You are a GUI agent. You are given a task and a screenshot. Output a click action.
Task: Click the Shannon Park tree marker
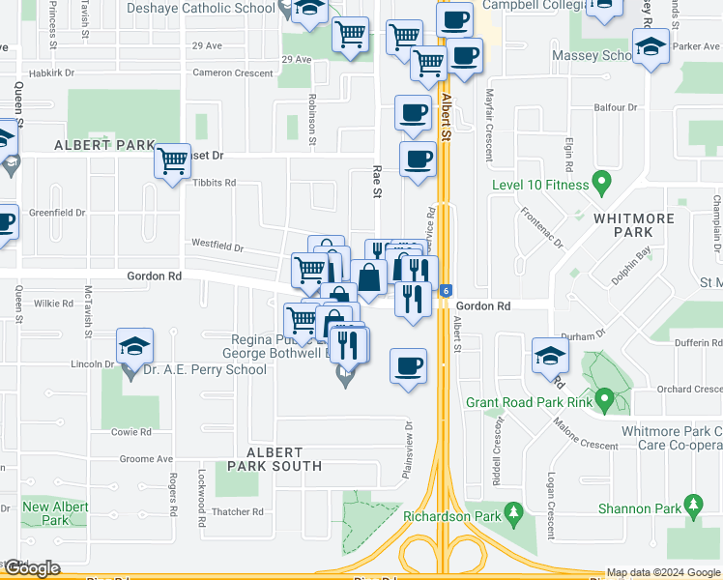pyautogui.click(x=692, y=505)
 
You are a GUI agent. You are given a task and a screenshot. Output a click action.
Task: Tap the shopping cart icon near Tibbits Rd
pyautogui.click(x=172, y=160)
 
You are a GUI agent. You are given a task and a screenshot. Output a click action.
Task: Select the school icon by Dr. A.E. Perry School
pyautogui.click(x=135, y=346)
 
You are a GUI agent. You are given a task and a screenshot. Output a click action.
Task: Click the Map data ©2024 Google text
pyautogui.click(x=663, y=572)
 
